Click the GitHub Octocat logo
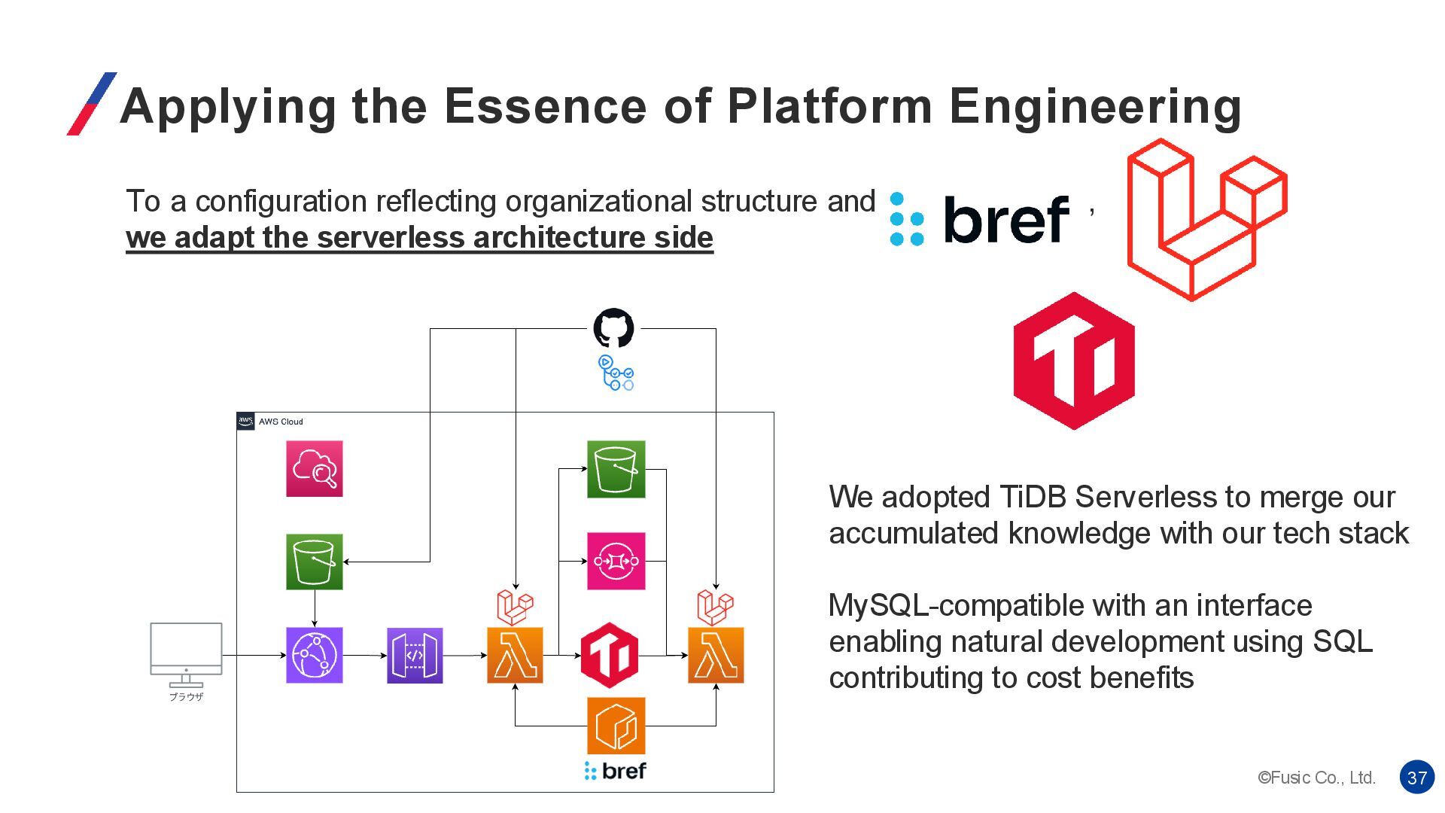[613, 328]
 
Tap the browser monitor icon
[186, 652]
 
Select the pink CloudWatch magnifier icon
[315, 469]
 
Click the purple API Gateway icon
[415, 656]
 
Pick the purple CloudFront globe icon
[315, 656]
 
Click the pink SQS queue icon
[616, 562]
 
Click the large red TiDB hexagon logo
[1074, 361]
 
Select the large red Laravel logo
[1206, 220]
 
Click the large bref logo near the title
[980, 220]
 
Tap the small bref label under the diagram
[615, 771]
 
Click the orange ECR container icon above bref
[616, 726]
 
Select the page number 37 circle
[1416, 778]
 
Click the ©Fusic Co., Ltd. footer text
[1316, 778]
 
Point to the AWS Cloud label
[280, 422]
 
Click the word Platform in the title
[829, 106]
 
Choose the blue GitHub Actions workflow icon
[616, 373]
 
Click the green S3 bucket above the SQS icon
[616, 469]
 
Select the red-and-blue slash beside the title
[92, 104]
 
